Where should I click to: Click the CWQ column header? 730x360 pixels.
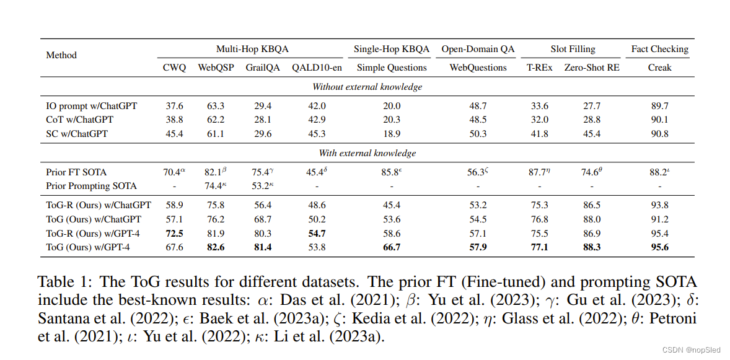(x=174, y=68)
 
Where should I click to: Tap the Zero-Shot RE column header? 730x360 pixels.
(x=591, y=68)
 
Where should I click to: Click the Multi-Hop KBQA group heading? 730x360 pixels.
(x=252, y=49)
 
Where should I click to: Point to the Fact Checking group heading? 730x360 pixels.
(x=659, y=49)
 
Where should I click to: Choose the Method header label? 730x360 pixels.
(x=61, y=55)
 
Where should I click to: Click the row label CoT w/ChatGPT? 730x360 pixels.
(x=79, y=120)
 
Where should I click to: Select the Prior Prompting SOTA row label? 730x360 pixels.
(x=91, y=186)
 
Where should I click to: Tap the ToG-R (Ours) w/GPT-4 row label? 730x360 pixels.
(x=94, y=234)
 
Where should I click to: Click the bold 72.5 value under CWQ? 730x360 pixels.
(x=174, y=234)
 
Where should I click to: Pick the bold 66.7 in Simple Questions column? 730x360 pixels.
(x=392, y=248)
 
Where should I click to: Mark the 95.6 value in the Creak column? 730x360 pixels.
(x=659, y=248)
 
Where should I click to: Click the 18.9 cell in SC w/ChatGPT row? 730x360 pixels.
(x=392, y=133)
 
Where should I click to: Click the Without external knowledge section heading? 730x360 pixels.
(x=367, y=87)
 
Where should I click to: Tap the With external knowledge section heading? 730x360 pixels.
(x=367, y=153)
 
